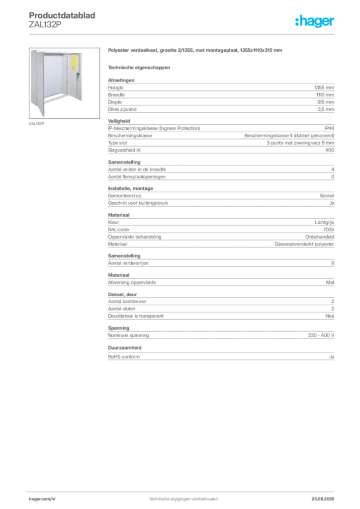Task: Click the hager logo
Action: tap(315, 21)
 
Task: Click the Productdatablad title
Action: tap(62, 15)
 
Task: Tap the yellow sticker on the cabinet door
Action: tap(75, 63)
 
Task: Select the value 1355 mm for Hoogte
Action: tap(324, 87)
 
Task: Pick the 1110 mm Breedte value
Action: tap(325, 95)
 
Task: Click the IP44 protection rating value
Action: tap(329, 128)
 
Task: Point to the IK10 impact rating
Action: tap(330, 150)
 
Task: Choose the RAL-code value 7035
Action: tap(329, 230)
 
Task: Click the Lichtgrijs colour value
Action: tap(324, 222)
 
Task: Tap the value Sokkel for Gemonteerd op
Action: tap(327, 196)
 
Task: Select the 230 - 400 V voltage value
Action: tap(321, 336)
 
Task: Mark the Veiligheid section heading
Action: tap(119, 121)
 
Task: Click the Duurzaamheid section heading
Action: tap(125, 347)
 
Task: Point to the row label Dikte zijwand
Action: tap(122, 109)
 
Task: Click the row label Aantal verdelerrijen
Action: tap(128, 263)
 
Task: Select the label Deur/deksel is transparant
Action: tap(136, 316)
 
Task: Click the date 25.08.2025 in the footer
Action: tap(323, 499)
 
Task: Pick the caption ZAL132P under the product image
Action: tap(36, 124)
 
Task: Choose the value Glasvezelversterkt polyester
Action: tap(304, 244)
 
